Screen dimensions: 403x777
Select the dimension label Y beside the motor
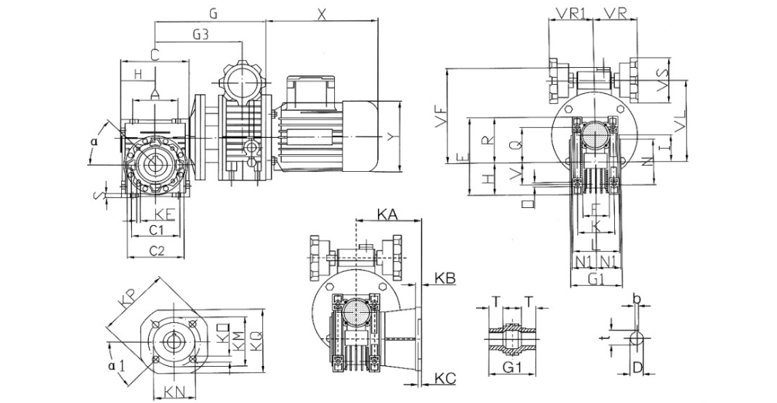click(x=391, y=137)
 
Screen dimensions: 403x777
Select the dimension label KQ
click(x=252, y=337)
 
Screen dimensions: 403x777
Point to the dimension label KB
click(x=445, y=276)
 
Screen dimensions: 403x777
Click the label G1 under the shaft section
click(x=510, y=368)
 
